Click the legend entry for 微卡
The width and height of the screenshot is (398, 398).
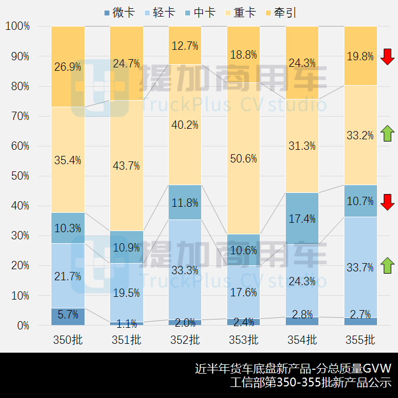[x=119, y=12]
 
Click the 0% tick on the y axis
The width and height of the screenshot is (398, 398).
[x=23, y=326]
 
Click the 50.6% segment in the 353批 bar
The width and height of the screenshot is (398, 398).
[x=244, y=158]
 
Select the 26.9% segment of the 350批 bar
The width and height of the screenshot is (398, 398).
[x=68, y=66]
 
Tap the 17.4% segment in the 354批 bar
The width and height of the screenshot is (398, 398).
[x=302, y=218]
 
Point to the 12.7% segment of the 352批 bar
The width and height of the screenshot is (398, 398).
[x=185, y=45]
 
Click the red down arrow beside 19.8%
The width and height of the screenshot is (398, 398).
[x=387, y=56]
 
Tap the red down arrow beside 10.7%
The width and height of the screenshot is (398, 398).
[x=387, y=202]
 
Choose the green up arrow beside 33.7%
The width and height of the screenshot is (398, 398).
[x=387, y=265]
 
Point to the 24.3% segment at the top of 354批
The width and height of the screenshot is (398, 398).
[x=302, y=62]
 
